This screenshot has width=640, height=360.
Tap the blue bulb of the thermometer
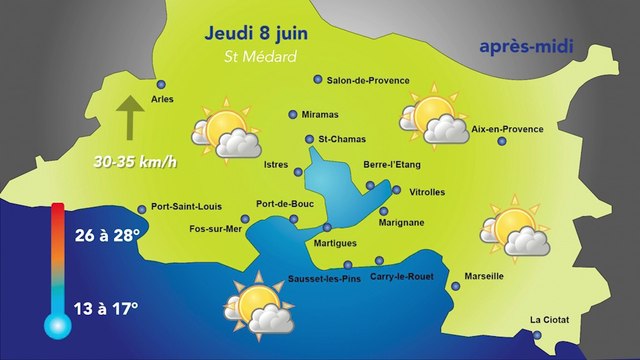pyautogui.click(x=56, y=323)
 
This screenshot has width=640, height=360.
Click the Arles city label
pyautogui.click(x=161, y=99)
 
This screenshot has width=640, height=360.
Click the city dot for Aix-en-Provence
pyautogui.click(x=502, y=141)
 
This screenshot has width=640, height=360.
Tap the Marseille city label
pyautogui.click(x=484, y=275)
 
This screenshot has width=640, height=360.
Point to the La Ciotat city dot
pyautogui.click(x=536, y=335)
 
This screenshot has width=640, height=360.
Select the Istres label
pyautogui.click(x=276, y=162)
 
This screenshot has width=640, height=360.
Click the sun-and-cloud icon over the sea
pyautogui.click(x=259, y=305)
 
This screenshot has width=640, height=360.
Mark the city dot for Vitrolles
pyautogui.click(x=397, y=190)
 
